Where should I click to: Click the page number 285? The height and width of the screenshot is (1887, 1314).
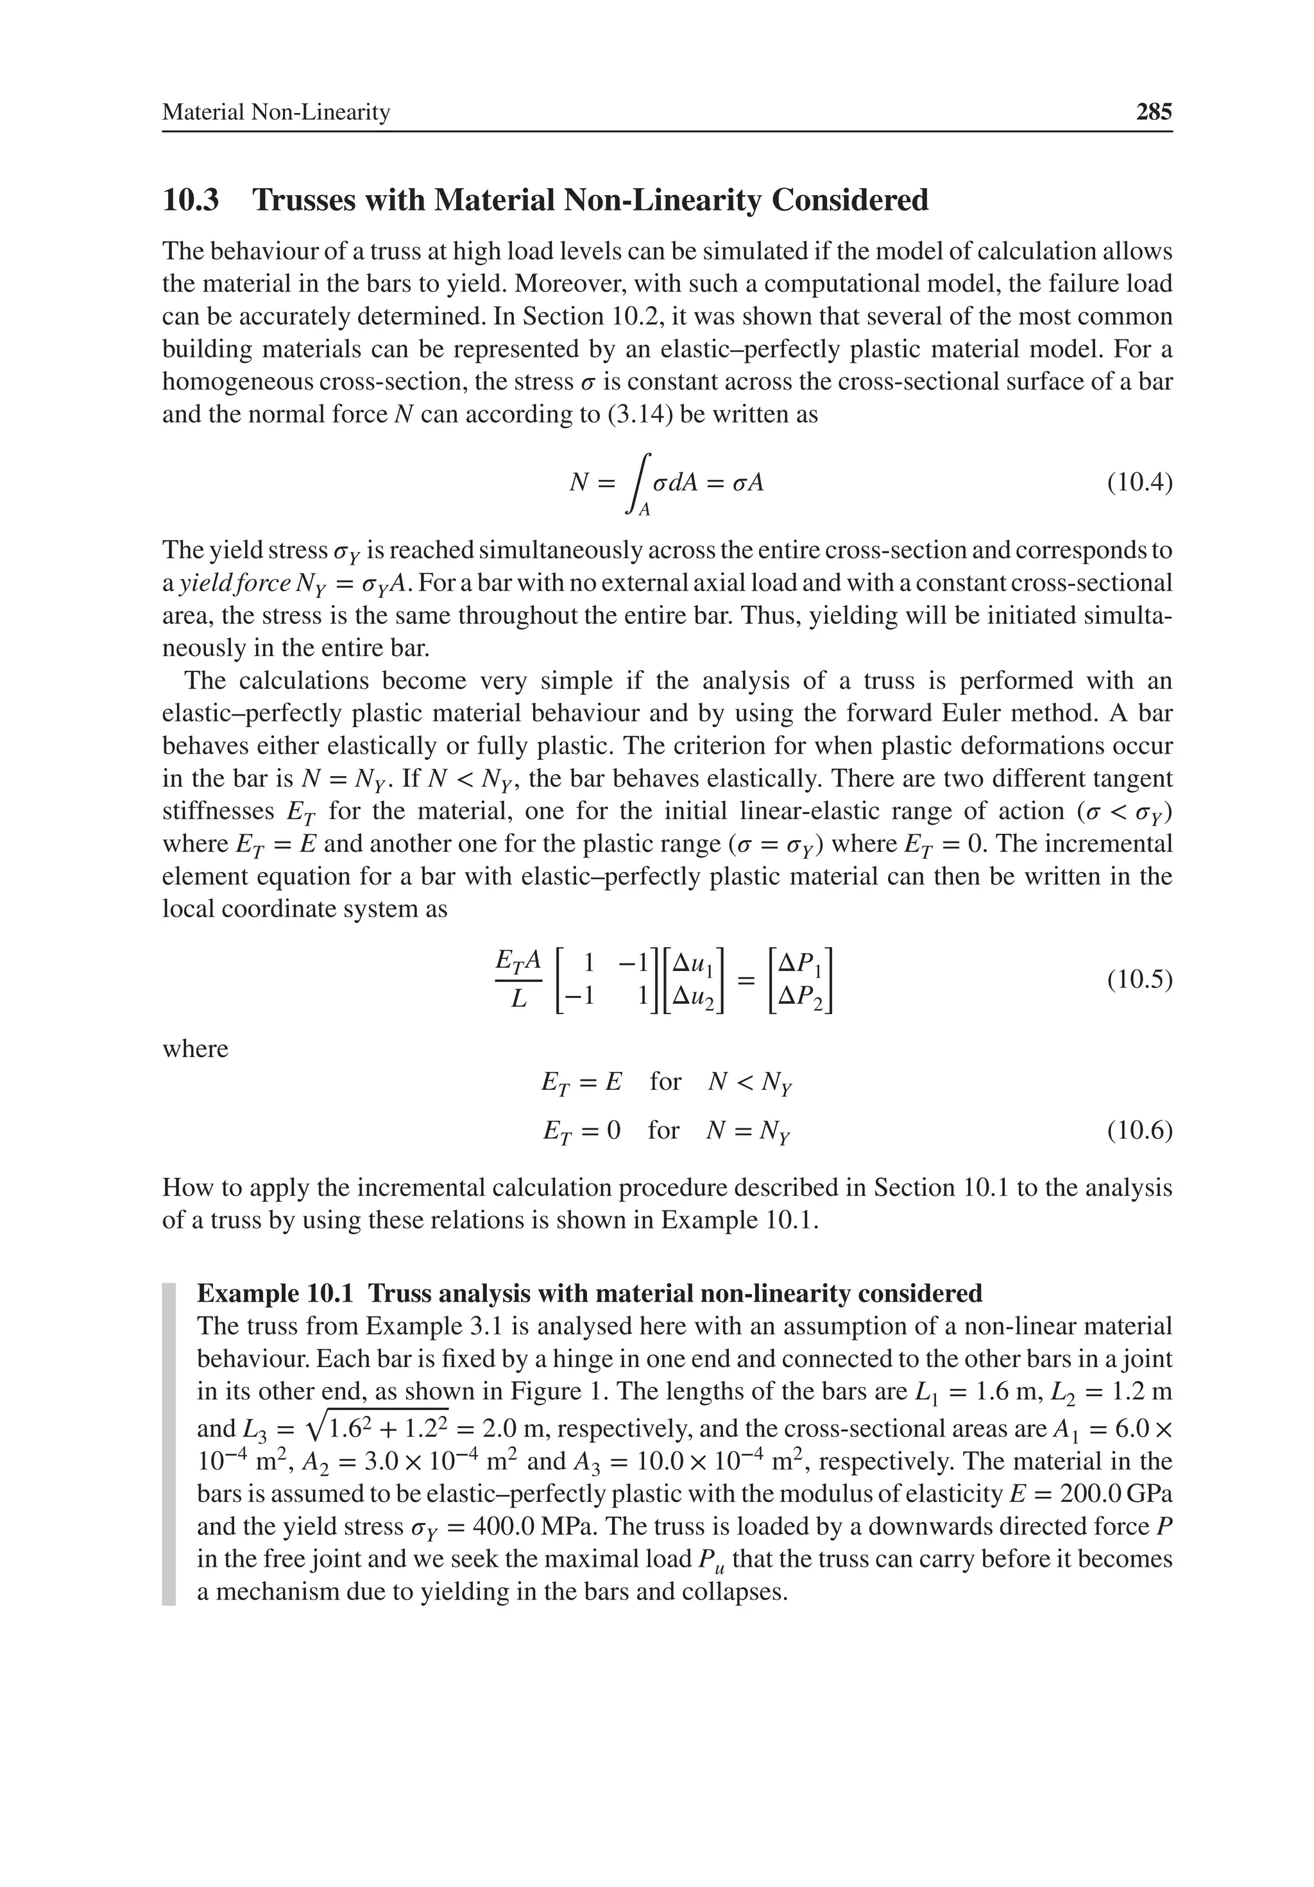(1153, 112)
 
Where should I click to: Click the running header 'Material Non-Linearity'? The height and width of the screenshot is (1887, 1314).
(275, 112)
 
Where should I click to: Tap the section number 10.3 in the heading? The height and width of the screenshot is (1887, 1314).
(191, 200)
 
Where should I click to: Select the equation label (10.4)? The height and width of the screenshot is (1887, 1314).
(1139, 481)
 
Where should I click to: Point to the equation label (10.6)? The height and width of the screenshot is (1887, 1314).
(1139, 1131)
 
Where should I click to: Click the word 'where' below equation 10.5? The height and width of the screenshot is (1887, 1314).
(195, 1049)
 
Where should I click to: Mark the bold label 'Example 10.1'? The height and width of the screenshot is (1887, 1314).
(275, 1293)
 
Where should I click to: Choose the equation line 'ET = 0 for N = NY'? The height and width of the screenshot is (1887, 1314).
(665, 1131)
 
